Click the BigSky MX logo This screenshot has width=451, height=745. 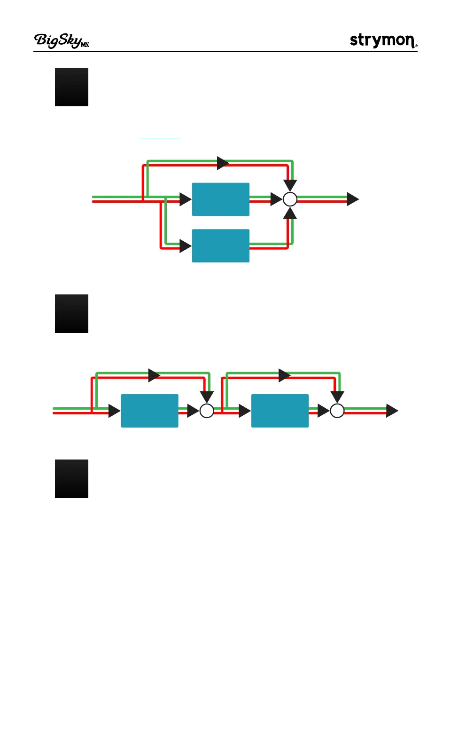[x=62, y=41]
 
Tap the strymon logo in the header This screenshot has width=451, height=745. [x=383, y=40]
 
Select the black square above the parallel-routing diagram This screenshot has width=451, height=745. [x=71, y=87]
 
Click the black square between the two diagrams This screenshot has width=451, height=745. [x=71, y=314]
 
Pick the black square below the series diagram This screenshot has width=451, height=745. [x=71, y=479]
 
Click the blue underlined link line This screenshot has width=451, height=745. [x=159, y=139]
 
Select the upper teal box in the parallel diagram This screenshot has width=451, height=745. [x=221, y=199]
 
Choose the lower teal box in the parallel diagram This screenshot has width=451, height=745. [x=221, y=246]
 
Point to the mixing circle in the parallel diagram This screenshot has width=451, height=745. [x=290, y=199]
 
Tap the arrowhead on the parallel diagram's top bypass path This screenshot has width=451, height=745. [x=223, y=163]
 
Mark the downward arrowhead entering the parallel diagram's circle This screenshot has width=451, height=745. [x=290, y=185]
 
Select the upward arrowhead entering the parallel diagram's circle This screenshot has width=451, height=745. [x=290, y=214]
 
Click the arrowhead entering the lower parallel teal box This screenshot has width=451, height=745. [x=185, y=246]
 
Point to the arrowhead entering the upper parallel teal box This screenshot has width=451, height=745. [x=185, y=199]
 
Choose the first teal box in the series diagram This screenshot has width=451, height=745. [x=149, y=411]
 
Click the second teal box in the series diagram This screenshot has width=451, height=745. [x=280, y=411]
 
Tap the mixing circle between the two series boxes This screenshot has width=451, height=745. [x=207, y=411]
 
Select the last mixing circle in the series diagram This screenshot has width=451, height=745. [x=337, y=411]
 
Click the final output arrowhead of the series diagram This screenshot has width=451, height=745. [x=392, y=411]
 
